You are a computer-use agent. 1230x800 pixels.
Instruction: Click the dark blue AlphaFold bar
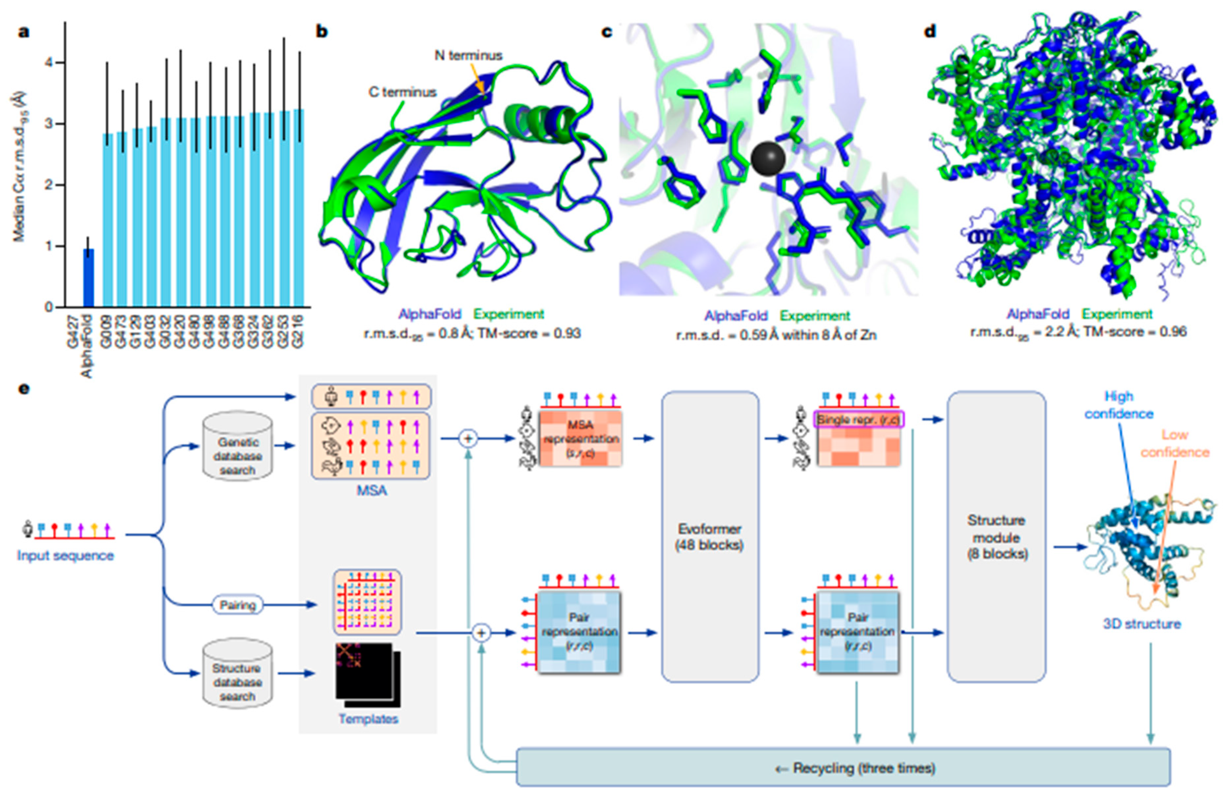(88, 278)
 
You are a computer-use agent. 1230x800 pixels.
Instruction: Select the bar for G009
(107, 220)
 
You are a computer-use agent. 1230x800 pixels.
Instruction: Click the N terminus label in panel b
(468, 55)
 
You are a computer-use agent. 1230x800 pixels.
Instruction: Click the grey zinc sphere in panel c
(767, 159)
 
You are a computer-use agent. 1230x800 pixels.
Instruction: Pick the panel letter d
(930, 32)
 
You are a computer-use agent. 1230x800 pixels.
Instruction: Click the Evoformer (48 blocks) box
(710, 536)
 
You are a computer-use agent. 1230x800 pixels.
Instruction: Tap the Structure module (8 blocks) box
(996, 536)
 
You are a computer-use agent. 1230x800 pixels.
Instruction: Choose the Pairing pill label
(237, 605)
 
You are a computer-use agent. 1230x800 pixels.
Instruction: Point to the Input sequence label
(66, 556)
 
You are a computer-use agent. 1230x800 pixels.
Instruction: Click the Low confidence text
(1175, 443)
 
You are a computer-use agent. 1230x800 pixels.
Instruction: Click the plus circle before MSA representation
(468, 439)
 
